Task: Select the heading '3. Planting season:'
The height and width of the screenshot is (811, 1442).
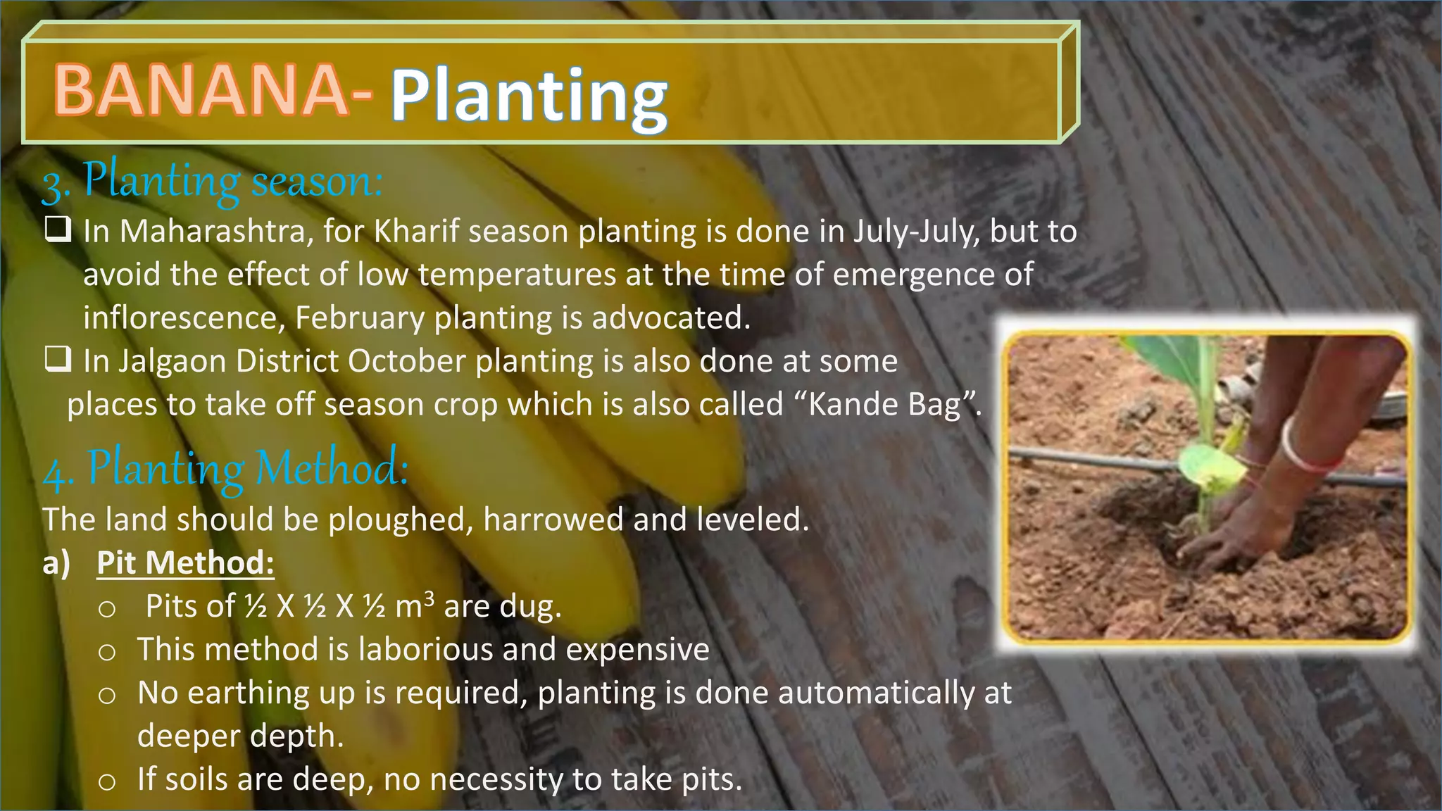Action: click(x=212, y=182)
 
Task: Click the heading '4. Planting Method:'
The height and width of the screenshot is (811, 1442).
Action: click(x=225, y=468)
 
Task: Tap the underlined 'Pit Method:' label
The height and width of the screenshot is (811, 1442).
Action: click(x=185, y=562)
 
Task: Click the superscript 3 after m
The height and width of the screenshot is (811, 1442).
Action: click(x=430, y=598)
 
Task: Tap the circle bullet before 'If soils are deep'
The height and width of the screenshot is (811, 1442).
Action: click(x=107, y=781)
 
